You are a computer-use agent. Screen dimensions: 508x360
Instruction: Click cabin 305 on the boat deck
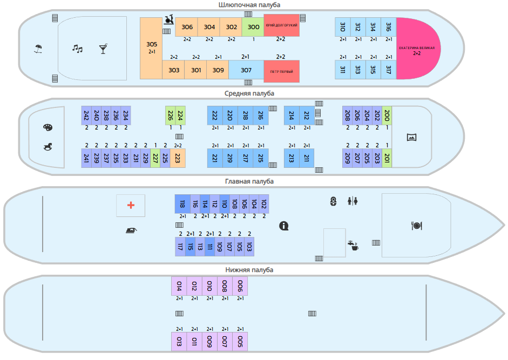(151, 48)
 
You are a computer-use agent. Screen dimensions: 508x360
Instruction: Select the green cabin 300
(253, 27)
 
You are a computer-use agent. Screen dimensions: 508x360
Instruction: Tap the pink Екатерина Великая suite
(418, 48)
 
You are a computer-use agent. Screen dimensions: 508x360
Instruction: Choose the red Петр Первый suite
(282, 71)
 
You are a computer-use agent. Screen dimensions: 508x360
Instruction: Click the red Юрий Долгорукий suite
(282, 25)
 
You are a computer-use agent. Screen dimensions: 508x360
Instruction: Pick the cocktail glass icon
(103, 49)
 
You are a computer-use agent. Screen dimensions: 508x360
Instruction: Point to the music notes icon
(77, 49)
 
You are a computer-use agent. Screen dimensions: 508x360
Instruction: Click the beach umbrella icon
(38, 49)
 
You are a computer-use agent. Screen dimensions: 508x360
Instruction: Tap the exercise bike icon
(169, 20)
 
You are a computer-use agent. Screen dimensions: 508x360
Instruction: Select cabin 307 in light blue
(246, 70)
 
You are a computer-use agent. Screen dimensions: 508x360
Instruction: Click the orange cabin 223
(178, 158)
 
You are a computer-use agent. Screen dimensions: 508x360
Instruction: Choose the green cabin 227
(155, 158)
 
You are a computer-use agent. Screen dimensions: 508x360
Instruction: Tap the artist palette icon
(48, 127)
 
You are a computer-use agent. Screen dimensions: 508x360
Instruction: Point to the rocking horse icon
(48, 147)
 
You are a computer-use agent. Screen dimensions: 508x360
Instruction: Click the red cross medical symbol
(131, 205)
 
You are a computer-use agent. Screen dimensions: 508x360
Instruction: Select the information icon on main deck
(284, 226)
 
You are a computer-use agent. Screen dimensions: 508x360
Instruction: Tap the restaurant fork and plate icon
(416, 226)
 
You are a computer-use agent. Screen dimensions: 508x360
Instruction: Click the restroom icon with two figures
(353, 201)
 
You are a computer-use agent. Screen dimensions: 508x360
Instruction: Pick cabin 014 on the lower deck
(179, 286)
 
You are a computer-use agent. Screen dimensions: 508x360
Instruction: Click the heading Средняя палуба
(249, 93)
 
